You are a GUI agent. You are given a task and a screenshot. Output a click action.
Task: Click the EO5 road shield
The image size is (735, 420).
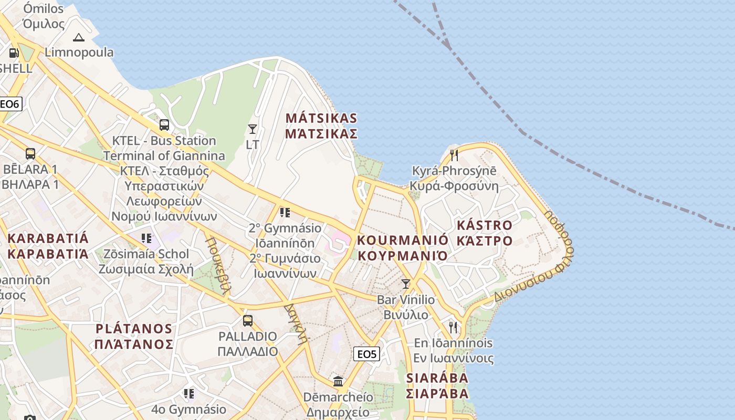tap(367, 354)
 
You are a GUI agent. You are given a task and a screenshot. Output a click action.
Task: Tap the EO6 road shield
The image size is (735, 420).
tap(9, 104)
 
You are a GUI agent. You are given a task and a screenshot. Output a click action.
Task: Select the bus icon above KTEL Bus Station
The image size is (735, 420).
tap(164, 125)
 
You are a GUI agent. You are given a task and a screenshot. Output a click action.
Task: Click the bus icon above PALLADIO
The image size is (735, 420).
tap(248, 320)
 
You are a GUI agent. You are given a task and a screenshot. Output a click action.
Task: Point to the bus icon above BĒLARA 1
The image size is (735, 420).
tap(30, 154)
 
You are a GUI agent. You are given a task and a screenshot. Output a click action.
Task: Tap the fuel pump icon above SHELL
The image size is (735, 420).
tap(14, 53)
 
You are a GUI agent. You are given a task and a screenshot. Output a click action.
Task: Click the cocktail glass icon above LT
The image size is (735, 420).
tap(253, 129)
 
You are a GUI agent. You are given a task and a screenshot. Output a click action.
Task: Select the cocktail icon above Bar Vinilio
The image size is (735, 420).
tap(405, 284)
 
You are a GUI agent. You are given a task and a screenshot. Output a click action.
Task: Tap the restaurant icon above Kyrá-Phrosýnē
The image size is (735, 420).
tap(454, 155)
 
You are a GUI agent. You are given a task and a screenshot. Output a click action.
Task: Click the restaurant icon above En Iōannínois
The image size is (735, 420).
tap(453, 328)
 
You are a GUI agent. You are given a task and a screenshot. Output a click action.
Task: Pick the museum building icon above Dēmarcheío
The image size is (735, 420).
tap(338, 381)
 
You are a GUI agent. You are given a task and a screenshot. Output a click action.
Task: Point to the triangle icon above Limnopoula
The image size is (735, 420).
tap(79, 37)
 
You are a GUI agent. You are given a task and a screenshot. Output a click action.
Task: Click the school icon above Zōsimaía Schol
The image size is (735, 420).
tap(146, 238)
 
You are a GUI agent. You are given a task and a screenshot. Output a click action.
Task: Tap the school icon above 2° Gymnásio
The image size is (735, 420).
tap(285, 213)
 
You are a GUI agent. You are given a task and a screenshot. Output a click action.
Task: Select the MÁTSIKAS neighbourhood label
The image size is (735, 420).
tap(321, 125)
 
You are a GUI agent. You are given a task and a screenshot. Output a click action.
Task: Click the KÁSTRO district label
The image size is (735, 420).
tap(485, 233)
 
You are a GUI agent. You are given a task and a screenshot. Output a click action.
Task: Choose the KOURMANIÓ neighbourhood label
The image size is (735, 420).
tap(403, 248)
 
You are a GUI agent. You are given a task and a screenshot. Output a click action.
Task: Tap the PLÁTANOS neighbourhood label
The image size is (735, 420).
tap(134, 336)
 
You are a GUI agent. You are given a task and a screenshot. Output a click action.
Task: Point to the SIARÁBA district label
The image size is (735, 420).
tap(437, 385)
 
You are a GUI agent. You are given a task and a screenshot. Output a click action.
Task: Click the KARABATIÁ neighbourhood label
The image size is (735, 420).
tap(48, 246)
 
